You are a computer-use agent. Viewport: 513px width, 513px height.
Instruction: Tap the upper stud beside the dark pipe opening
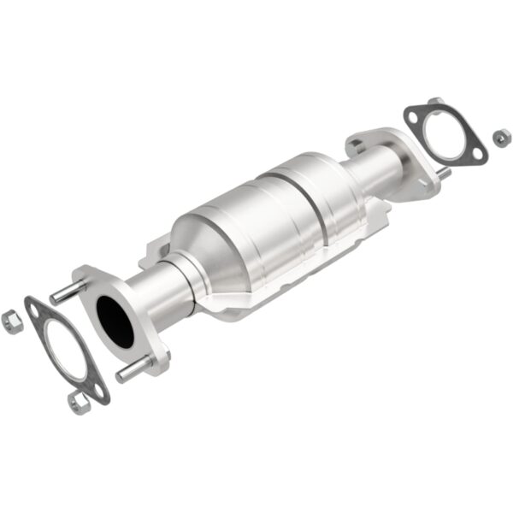pyautogui.click(x=67, y=292)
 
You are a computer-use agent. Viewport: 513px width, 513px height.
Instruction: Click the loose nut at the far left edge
pyautogui.click(x=11, y=321)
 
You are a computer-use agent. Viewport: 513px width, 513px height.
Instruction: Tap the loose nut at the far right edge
pyautogui.click(x=501, y=136)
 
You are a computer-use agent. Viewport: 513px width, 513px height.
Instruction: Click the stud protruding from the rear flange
pyautogui.click(x=444, y=174)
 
